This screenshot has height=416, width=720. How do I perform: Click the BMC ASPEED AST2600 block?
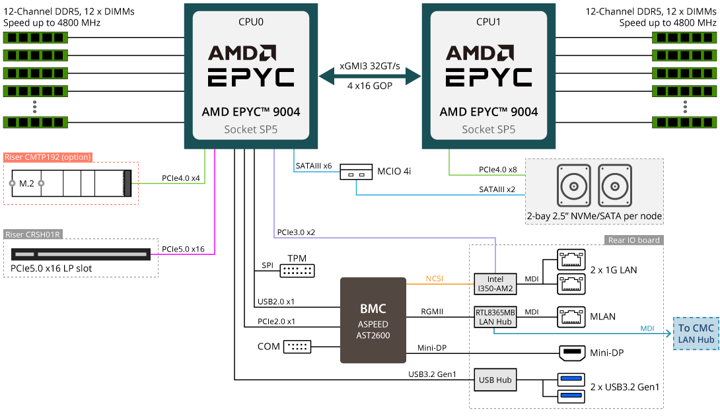tap(373, 320)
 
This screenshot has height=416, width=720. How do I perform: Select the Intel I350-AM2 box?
tap(495, 284)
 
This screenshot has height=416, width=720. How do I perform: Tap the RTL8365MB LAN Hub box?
tap(495, 317)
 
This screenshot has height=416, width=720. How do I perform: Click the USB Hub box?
tap(495, 380)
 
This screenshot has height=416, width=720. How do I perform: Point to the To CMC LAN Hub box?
tap(696, 333)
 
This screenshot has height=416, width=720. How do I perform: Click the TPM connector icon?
tap(297, 271)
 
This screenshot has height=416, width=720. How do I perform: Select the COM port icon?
tap(297, 347)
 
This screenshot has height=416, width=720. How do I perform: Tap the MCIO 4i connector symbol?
tap(356, 172)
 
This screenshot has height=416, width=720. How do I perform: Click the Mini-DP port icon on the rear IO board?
tap(571, 353)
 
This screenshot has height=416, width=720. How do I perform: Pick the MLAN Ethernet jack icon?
tap(571, 317)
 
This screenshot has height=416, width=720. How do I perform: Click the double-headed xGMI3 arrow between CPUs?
tap(370, 76)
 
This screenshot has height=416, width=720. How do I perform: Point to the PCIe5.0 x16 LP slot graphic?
tap(81, 254)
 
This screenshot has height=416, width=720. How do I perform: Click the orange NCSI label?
tap(435, 279)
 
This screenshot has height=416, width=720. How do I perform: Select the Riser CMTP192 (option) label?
tap(48, 157)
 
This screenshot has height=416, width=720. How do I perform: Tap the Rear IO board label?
tap(633, 240)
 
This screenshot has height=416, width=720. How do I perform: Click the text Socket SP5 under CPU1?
tap(489, 129)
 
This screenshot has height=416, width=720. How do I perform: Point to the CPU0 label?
tap(251, 22)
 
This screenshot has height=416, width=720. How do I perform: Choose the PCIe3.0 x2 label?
tap(296, 232)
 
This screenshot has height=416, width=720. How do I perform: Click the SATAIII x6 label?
tap(314, 166)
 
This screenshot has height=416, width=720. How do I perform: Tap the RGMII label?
tap(432, 312)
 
